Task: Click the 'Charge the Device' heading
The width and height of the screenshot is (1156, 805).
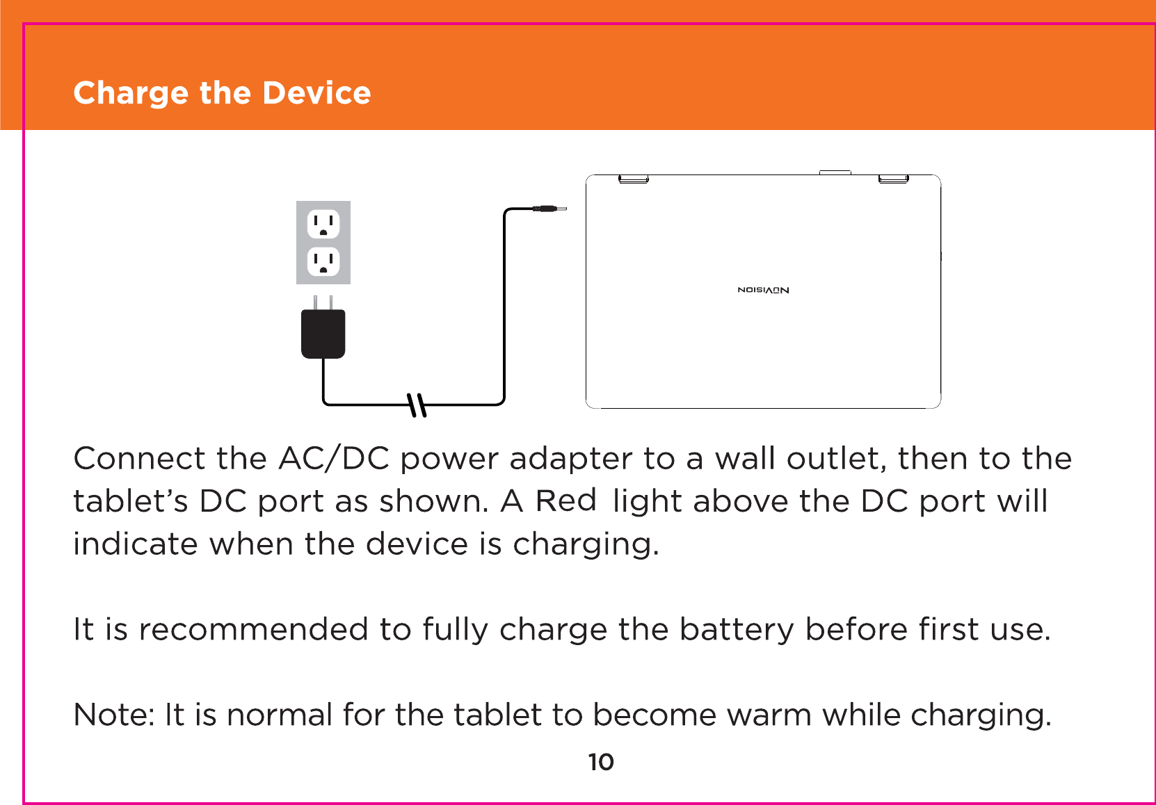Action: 222,93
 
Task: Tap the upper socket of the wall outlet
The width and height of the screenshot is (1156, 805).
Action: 323,224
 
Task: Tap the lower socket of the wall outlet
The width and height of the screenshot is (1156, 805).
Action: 323,261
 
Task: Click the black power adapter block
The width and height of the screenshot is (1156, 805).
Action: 323,334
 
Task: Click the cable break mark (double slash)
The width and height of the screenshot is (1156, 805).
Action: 417,404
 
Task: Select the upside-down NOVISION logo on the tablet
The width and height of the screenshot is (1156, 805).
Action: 763,290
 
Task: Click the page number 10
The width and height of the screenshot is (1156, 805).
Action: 601,762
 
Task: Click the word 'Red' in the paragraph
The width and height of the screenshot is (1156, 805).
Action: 565,501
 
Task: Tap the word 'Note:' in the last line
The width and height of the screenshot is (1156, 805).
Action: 114,715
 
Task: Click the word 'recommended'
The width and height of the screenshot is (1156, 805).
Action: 253,630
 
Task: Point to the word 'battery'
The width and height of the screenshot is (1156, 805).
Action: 736,630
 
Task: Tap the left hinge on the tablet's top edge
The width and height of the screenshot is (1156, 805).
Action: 634,179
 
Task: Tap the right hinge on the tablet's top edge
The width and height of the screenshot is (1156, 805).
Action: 893,179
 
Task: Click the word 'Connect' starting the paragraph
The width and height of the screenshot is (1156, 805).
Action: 139,459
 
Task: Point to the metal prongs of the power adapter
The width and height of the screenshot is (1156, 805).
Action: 323,303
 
